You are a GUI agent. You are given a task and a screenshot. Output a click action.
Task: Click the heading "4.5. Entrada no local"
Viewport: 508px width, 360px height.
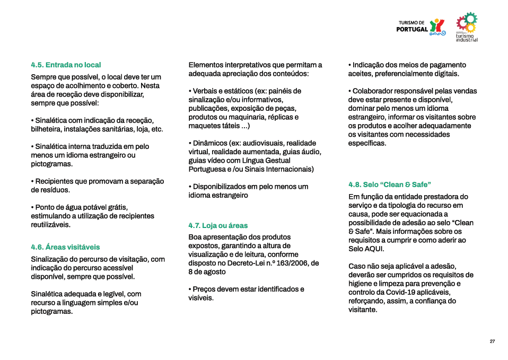point(66,65)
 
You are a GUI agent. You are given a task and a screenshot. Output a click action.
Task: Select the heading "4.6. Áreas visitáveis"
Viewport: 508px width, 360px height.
point(65,247)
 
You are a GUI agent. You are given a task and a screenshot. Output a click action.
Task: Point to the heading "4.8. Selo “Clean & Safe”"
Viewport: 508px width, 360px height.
point(389,185)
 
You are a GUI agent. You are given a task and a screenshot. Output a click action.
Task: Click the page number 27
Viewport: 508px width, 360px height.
point(492,341)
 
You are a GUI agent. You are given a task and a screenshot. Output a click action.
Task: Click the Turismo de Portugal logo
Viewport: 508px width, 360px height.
point(422,27)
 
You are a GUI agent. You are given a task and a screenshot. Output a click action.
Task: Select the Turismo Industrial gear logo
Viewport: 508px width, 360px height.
point(467,27)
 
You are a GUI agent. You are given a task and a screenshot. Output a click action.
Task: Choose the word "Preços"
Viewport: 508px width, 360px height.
point(205,289)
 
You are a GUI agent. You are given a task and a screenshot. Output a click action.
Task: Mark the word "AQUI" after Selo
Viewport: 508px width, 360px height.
point(374,249)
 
